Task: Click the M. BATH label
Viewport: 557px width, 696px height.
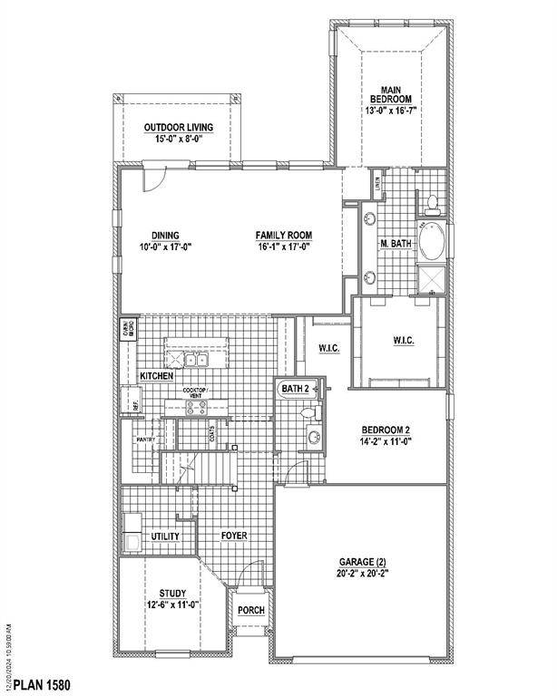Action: tap(396, 245)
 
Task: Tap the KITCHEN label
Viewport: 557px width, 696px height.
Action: tap(156, 375)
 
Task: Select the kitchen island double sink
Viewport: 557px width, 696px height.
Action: tap(197, 361)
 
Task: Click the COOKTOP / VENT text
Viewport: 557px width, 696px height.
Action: tap(195, 393)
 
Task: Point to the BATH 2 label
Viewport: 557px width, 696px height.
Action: tap(295, 388)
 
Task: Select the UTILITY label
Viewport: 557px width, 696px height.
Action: tap(164, 536)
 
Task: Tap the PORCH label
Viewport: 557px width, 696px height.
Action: tap(250, 610)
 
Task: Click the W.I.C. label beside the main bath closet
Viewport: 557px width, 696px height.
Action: tap(404, 341)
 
